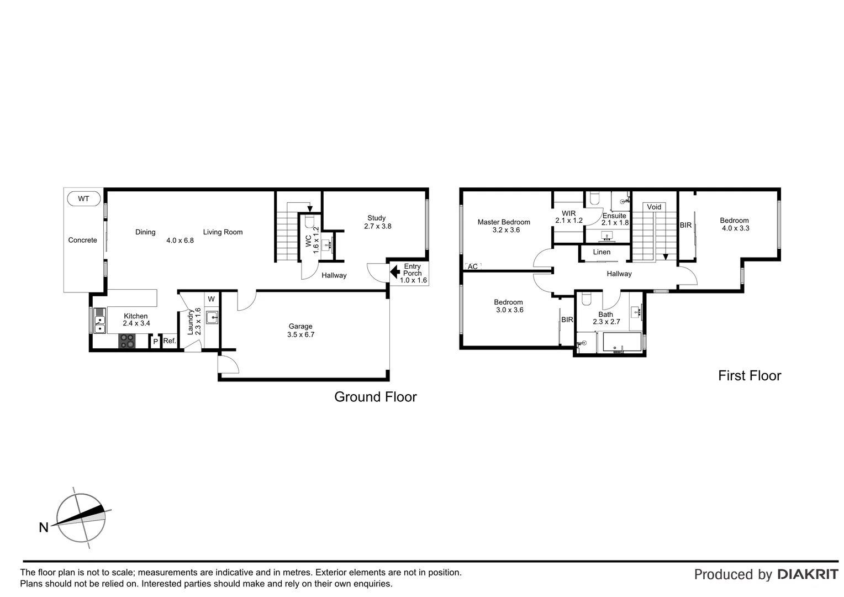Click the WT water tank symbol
point(83,198)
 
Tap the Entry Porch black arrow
point(395,272)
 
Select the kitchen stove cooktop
point(127,341)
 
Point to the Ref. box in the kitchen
point(169,341)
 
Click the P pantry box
point(155,342)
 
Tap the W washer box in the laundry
point(211,299)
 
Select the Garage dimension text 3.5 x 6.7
point(300,334)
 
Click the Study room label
point(376,218)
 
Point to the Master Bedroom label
point(504,222)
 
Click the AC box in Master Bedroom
point(473,266)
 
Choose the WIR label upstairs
point(569,213)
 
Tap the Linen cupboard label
point(602,252)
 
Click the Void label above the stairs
point(654,207)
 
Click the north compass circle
point(81,519)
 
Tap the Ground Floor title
point(375,397)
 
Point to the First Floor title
point(749,376)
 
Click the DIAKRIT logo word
point(808,574)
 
